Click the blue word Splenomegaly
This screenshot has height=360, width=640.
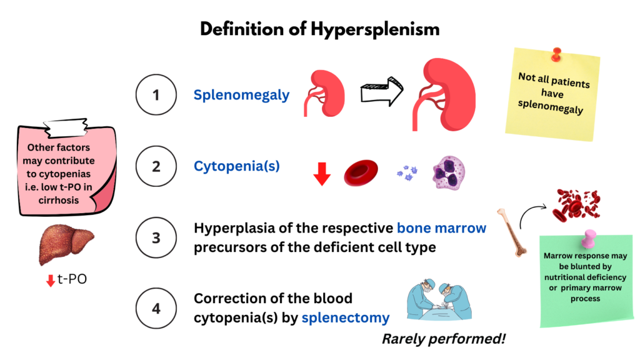(241, 95)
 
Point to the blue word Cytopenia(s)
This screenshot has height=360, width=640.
(237, 166)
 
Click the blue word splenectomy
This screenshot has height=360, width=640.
(345, 318)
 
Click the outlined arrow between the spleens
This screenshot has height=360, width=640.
(382, 91)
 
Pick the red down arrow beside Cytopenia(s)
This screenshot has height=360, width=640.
(322, 174)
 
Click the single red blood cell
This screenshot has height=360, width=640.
(361, 172)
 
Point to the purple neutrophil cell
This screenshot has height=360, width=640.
(449, 172)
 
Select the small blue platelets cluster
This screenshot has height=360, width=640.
(407, 173)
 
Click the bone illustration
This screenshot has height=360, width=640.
(512, 232)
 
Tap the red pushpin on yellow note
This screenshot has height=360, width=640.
(556, 54)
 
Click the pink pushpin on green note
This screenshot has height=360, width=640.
(589, 238)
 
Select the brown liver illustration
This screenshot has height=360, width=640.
(66, 244)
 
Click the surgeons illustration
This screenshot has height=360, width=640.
(439, 299)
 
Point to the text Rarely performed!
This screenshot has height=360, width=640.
(444, 339)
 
